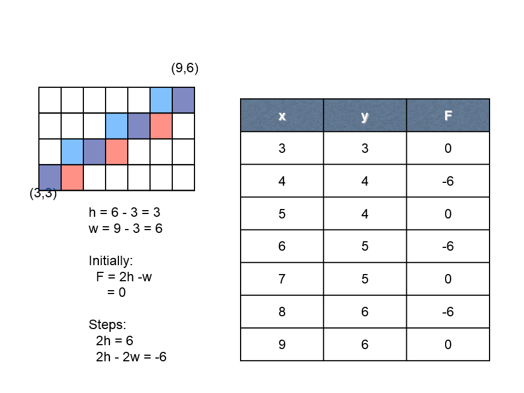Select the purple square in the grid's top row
click(x=183, y=100)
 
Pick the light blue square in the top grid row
click(x=161, y=100)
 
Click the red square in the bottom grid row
click(x=72, y=178)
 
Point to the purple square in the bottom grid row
click(x=50, y=178)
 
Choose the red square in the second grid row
click(x=161, y=126)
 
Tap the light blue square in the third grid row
click(x=72, y=152)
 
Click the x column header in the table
click(x=282, y=115)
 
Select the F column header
click(x=448, y=115)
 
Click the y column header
click(x=365, y=115)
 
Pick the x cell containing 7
click(x=282, y=278)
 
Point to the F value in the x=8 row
click(x=448, y=311)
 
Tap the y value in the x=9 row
click(x=365, y=344)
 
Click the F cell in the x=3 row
click(x=448, y=148)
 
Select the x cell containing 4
click(x=282, y=181)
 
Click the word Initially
click(x=111, y=261)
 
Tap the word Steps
click(x=107, y=325)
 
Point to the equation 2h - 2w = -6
click(x=131, y=357)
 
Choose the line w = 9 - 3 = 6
click(x=126, y=228)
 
